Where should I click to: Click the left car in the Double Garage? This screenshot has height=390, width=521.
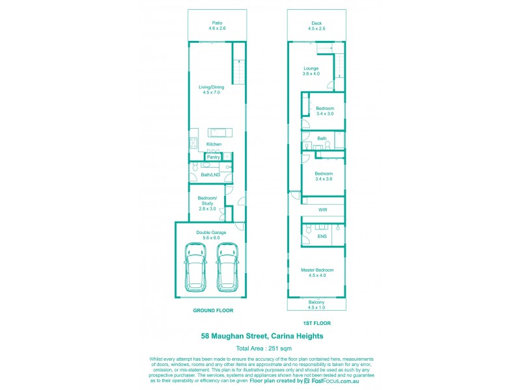(x=195, y=267)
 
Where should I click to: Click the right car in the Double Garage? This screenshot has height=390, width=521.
(x=227, y=267)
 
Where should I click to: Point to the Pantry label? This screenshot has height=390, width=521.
(x=213, y=157)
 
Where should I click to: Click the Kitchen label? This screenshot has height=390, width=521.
(x=214, y=144)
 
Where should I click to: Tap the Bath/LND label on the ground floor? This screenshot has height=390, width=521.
(x=210, y=175)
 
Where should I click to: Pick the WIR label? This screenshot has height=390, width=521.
(x=322, y=210)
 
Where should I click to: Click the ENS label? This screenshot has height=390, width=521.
(x=322, y=237)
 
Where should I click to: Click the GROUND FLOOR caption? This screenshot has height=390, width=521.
(x=213, y=311)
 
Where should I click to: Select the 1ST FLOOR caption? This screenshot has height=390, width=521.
(x=317, y=323)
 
